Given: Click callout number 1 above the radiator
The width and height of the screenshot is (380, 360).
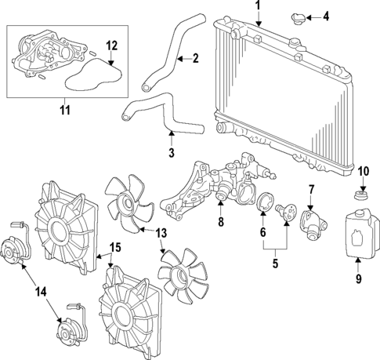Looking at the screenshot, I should (x=256, y=6).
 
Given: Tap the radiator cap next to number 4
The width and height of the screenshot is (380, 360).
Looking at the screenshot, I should (x=297, y=16).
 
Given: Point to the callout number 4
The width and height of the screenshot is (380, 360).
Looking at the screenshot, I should (x=326, y=16).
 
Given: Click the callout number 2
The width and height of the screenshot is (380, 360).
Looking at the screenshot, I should (x=195, y=57).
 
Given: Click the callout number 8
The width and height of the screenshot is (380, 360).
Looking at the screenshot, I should (x=220, y=223).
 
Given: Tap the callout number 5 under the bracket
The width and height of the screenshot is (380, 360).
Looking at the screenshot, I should (x=274, y=263).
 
